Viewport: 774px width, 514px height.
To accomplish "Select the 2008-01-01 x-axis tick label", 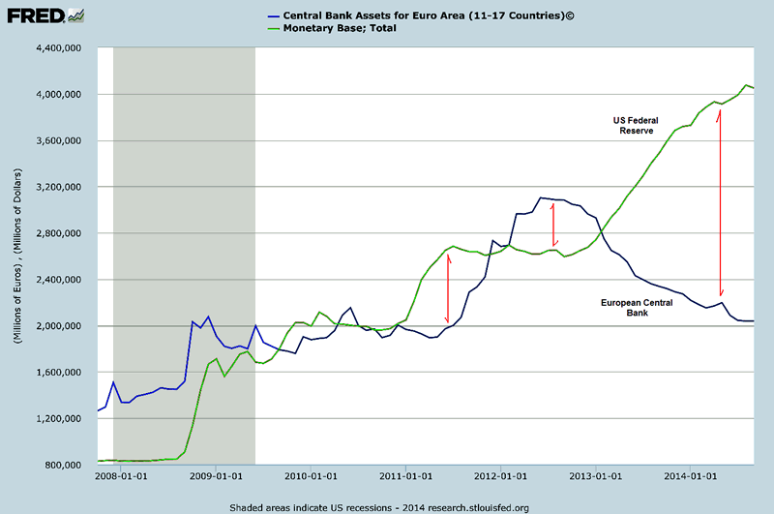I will pos(121,476).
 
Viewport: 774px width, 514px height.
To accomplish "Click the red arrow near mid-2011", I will pos(447,287).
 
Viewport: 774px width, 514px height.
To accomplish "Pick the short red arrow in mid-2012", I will pos(552,224).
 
